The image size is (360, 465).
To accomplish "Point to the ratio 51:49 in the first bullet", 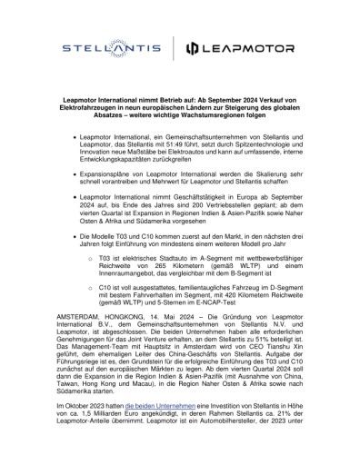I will tap(158, 143).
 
